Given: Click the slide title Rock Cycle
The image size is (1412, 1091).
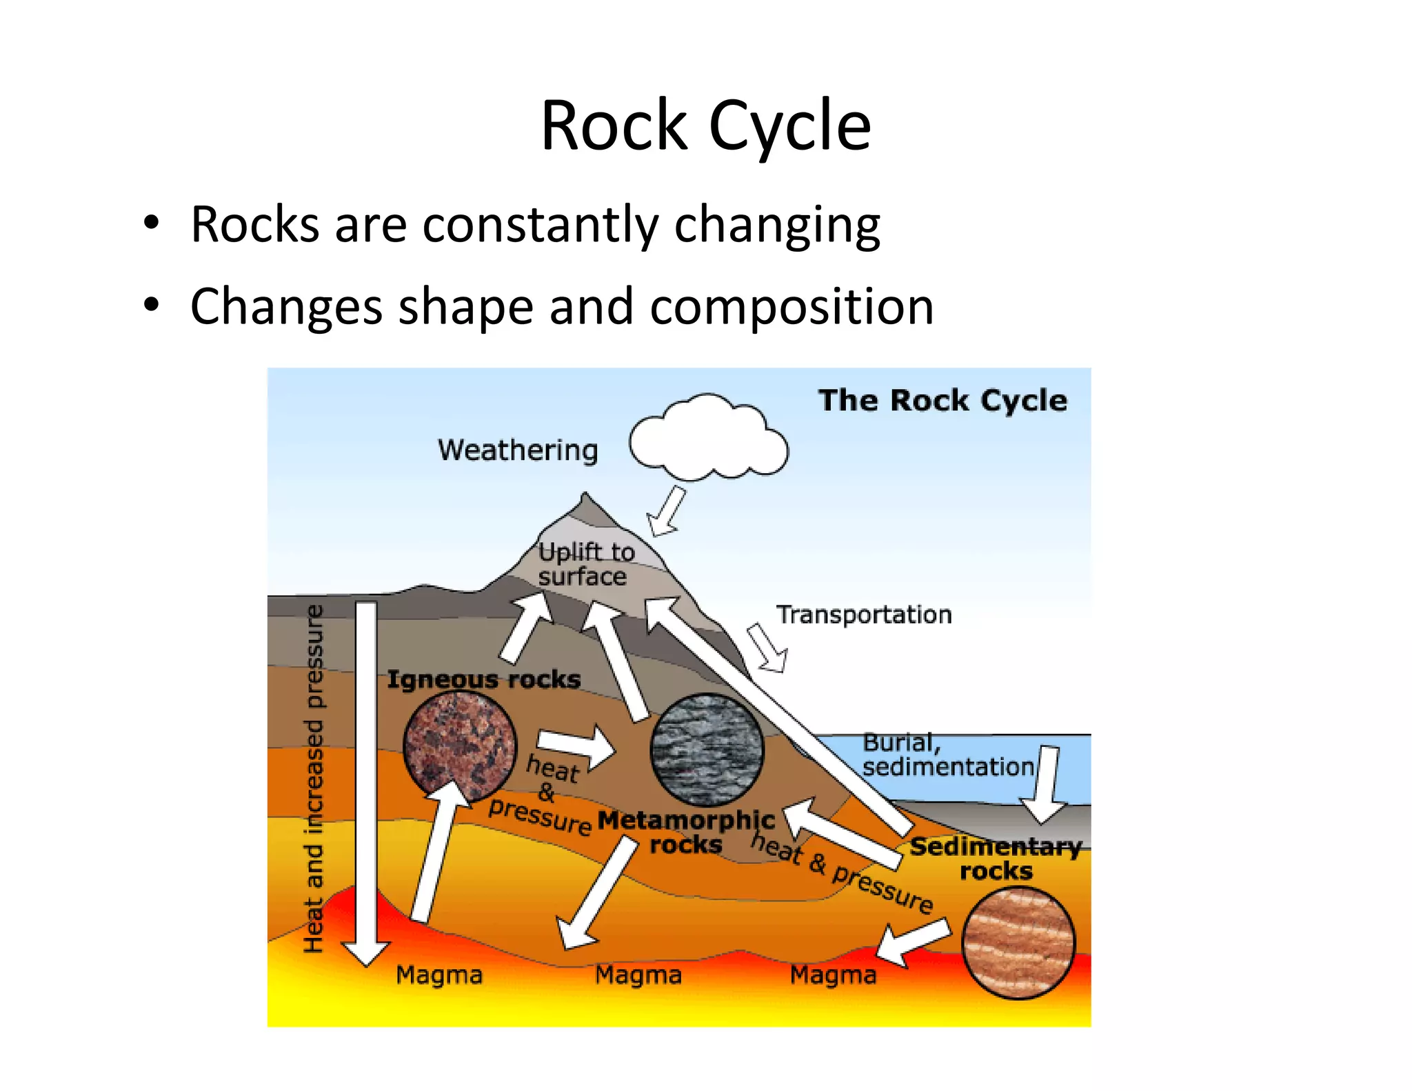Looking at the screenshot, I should pos(705,126).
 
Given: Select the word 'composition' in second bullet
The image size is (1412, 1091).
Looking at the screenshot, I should pos(791,307).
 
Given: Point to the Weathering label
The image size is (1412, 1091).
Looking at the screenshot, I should pos(518,450).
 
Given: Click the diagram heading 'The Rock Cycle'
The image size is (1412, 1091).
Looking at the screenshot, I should pos(942,401).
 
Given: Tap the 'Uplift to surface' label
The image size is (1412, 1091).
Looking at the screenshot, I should pos(585,564).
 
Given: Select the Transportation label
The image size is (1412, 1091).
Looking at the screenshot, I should pos(863,614).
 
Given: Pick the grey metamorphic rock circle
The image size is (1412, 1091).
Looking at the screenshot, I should pos(707,750).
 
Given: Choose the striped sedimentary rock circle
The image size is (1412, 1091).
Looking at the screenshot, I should pos(1018,943).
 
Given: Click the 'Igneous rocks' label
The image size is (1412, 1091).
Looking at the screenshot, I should pos(483,679).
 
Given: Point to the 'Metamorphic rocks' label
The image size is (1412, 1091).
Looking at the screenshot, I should pos(686,832).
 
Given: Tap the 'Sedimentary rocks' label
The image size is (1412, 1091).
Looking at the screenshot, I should pos(996,859).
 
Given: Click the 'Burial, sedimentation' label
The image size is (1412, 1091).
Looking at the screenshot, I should pos(947,754).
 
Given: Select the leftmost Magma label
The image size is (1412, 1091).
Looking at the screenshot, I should pos(439,975).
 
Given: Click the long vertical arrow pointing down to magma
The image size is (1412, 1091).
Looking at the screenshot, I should pos(366,779).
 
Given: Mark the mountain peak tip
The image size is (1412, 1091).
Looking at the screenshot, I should pos(585,495).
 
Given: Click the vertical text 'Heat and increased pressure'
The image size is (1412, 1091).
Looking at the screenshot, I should pos(314,779).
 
